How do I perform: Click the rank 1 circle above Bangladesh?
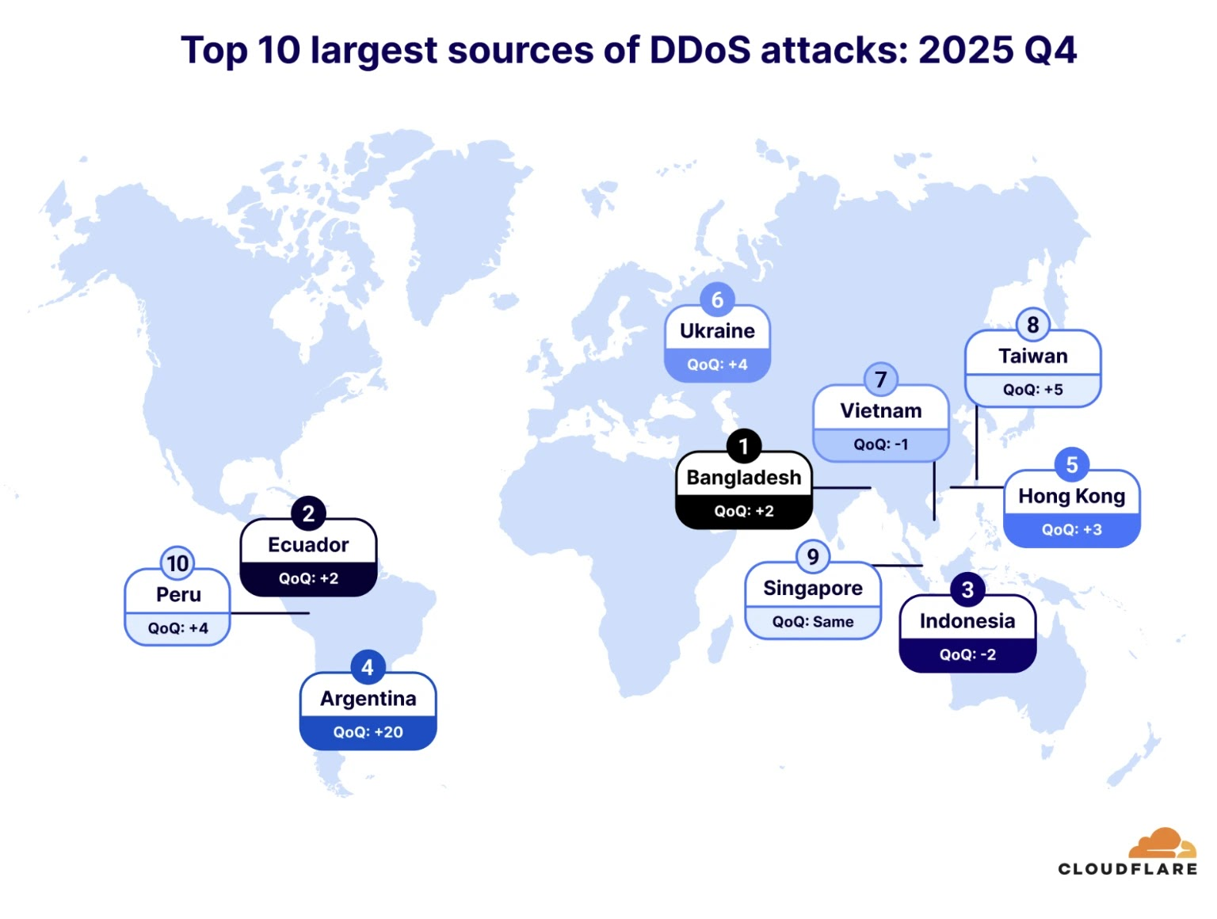(x=743, y=447)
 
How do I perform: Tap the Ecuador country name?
(x=308, y=545)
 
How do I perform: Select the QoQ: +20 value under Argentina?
(x=368, y=732)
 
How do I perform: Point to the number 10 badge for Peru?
(x=177, y=563)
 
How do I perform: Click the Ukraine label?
(x=717, y=331)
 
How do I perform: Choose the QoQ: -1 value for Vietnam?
(x=880, y=444)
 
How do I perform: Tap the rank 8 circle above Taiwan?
(x=1032, y=325)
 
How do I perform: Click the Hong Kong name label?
(x=1071, y=497)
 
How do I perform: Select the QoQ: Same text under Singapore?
(x=813, y=622)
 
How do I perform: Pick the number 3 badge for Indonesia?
(x=967, y=590)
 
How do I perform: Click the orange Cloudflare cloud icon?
(x=1162, y=843)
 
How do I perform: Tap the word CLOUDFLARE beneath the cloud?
(x=1127, y=869)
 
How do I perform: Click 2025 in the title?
(x=966, y=50)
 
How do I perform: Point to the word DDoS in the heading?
(x=700, y=50)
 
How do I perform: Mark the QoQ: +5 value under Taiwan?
(x=1032, y=390)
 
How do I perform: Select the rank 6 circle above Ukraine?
(x=717, y=300)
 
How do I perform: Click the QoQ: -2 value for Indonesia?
(x=967, y=654)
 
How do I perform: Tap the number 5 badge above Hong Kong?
(x=1071, y=465)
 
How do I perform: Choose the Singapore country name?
(x=813, y=589)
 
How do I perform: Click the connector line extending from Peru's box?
(x=269, y=612)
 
